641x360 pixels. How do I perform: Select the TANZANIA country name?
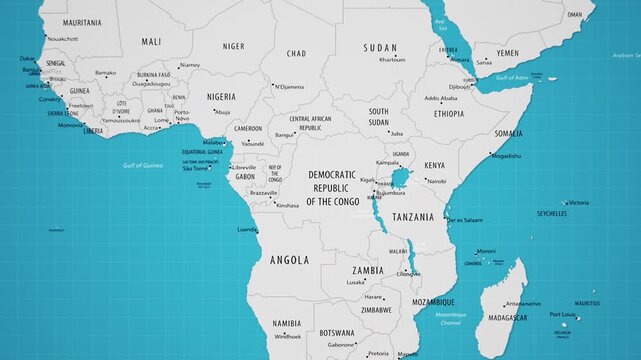(413, 217)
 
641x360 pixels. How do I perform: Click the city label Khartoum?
(392, 60)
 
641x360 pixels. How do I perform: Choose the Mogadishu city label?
(506, 156)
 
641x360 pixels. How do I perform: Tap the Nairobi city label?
(437, 181)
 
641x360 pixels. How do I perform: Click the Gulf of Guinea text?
(143, 165)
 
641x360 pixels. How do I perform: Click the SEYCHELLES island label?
(551, 213)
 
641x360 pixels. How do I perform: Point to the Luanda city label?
(247, 229)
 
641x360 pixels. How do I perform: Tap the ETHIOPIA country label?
(448, 114)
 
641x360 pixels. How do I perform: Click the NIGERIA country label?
(221, 96)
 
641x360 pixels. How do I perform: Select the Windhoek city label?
(288, 336)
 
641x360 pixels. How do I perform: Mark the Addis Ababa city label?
(441, 98)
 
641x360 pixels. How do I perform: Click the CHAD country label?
(296, 53)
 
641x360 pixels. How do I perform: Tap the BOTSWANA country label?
(336, 332)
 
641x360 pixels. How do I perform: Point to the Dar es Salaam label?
(465, 219)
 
